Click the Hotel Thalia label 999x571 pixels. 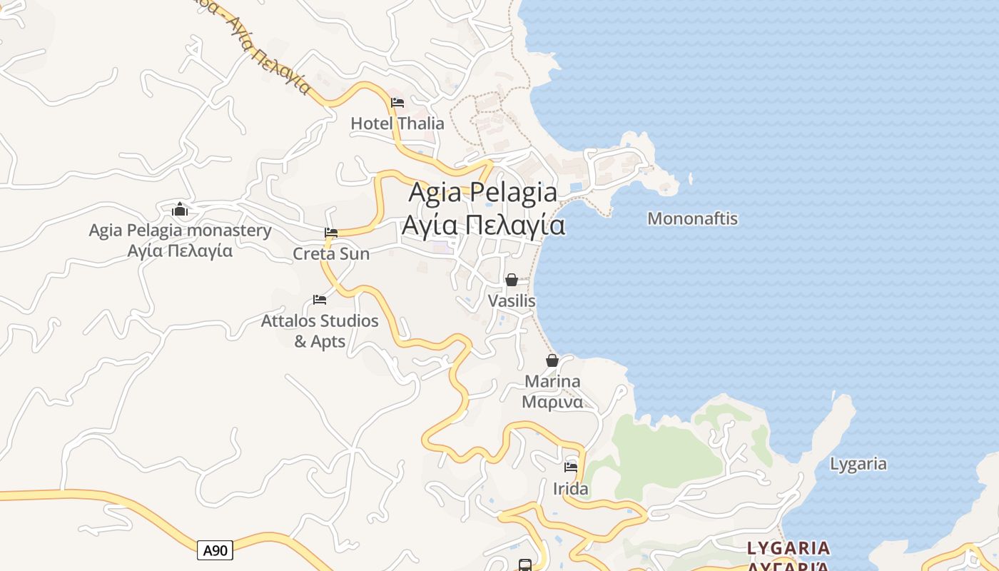click(397, 123)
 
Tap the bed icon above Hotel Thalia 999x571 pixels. click(397, 103)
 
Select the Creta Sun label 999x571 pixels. click(331, 253)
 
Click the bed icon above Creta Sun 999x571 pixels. click(331, 233)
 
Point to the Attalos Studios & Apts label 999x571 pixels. click(320, 330)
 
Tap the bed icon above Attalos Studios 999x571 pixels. click(320, 300)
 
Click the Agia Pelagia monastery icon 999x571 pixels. click(180, 209)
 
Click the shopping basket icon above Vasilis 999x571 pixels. click(512, 280)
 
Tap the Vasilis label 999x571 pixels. click(512, 301)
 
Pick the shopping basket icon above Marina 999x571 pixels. click(552, 360)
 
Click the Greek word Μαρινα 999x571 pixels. click(552, 402)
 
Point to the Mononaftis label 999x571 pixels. click(692, 218)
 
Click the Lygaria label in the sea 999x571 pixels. click(858, 464)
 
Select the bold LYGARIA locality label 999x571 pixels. click(788, 548)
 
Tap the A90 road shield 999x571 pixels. click(215, 550)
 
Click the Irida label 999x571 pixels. click(571, 489)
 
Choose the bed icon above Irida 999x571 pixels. click(571, 468)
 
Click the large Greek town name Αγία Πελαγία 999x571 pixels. click(483, 226)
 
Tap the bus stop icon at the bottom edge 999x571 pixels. click(525, 565)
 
